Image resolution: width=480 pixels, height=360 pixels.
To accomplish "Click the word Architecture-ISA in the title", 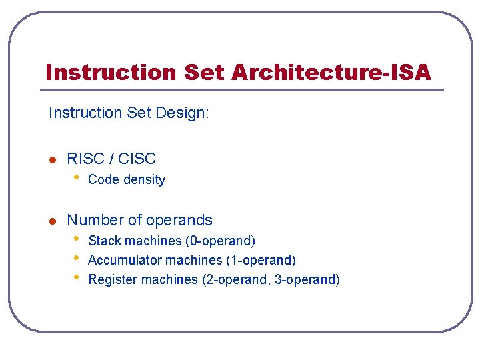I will [x=331, y=72].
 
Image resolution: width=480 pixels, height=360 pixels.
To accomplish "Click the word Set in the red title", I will [x=204, y=72].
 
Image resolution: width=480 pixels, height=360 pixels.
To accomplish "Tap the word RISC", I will [x=85, y=159].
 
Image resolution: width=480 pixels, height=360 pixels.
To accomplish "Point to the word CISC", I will [x=137, y=159].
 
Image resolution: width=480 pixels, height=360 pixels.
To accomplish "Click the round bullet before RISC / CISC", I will [x=53, y=159].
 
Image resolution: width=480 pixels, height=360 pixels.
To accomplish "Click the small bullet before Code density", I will [x=77, y=177].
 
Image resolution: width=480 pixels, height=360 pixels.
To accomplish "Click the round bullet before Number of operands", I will [x=53, y=221].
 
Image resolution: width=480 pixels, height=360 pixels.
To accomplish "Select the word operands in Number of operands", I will [x=179, y=221].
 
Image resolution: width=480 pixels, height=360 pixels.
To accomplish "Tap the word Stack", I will [x=103, y=241].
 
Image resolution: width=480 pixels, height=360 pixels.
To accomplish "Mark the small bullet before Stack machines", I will [x=77, y=239].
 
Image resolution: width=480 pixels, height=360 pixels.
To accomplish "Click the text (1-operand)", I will [x=263, y=260].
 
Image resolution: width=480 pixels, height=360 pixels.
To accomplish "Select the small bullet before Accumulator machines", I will [x=77, y=258].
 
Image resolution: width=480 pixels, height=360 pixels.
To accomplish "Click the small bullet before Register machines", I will [x=77, y=277].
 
